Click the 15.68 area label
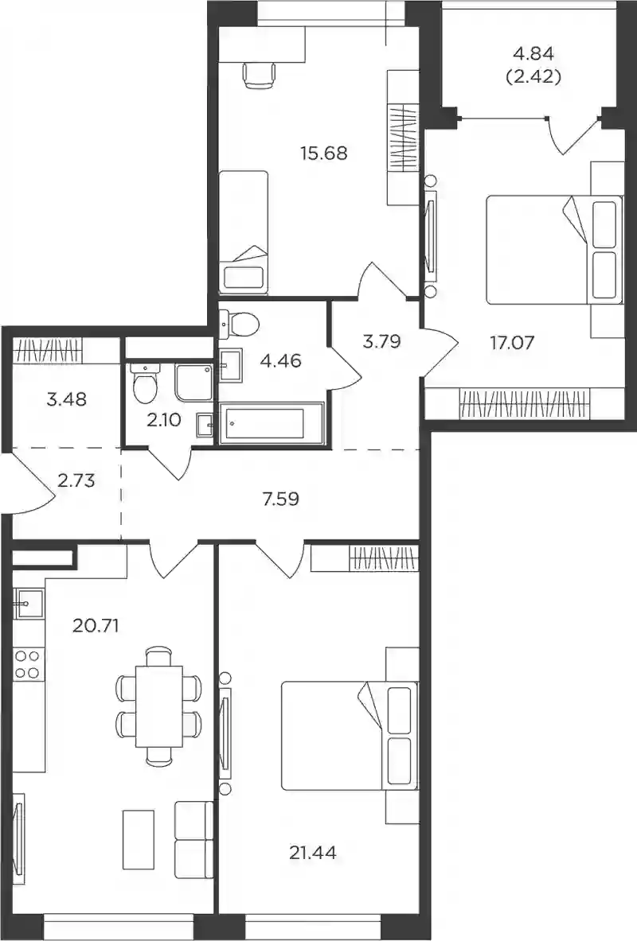coord(324,153)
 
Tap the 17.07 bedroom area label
coord(512,344)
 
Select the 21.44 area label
coord(312,852)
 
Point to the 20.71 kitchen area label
coord(96,626)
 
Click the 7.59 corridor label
coord(280,498)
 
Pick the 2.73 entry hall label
coord(76,480)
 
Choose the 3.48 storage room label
coord(66,399)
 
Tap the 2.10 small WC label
coord(163,420)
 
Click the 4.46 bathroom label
coord(280,361)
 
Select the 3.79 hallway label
coord(381,341)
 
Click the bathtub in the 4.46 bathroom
coord(272,424)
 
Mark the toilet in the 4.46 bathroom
coord(239,324)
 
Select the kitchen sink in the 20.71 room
coord(28,603)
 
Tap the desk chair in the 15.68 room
coord(260,75)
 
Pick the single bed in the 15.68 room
coord(243,232)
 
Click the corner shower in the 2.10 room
coord(193,382)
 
